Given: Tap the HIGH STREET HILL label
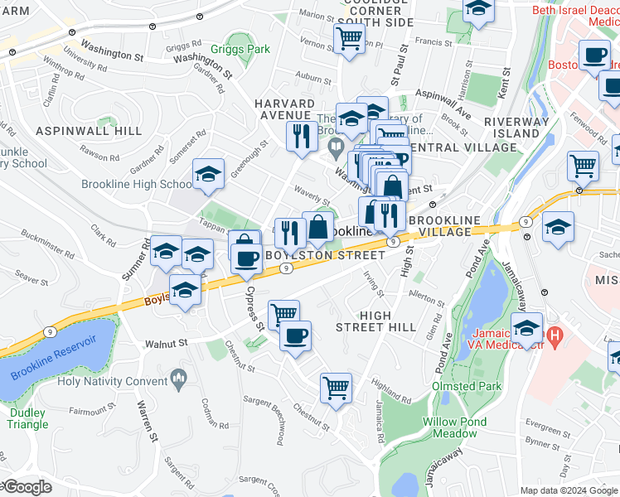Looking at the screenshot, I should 387,321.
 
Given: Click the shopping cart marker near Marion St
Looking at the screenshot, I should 349,37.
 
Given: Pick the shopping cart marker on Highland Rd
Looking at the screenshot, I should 336,387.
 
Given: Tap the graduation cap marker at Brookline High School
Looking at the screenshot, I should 207,173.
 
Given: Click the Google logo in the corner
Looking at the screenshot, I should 27,487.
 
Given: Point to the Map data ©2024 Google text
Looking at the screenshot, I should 567,490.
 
